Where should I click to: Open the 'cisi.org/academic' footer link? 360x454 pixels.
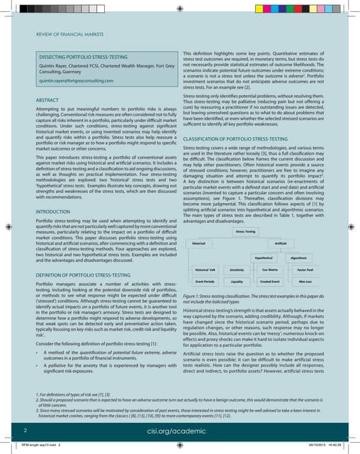click(180, 429)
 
